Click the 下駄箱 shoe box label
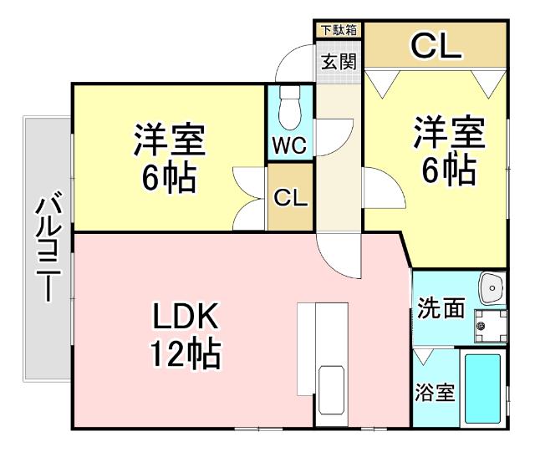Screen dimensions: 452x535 [x=339, y=30]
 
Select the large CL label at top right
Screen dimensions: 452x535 [x=435, y=46]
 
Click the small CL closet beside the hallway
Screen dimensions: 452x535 [x=290, y=198]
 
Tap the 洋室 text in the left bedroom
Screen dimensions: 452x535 [x=170, y=140]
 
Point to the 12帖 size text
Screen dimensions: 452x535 [x=186, y=356]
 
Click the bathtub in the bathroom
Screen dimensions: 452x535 [x=481, y=389]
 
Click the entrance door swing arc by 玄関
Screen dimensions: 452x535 [x=297, y=63]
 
